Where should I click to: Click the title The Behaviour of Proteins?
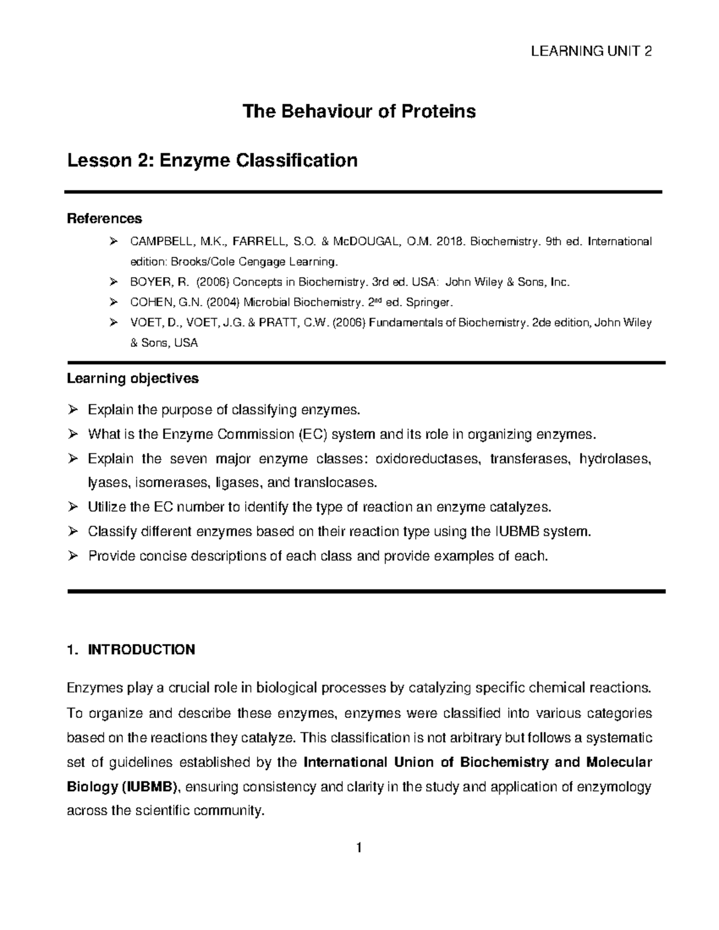click(358, 111)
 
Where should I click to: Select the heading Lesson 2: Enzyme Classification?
click(212, 160)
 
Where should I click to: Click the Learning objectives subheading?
click(132, 378)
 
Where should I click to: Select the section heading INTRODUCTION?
click(141, 650)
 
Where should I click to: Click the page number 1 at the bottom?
click(358, 848)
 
